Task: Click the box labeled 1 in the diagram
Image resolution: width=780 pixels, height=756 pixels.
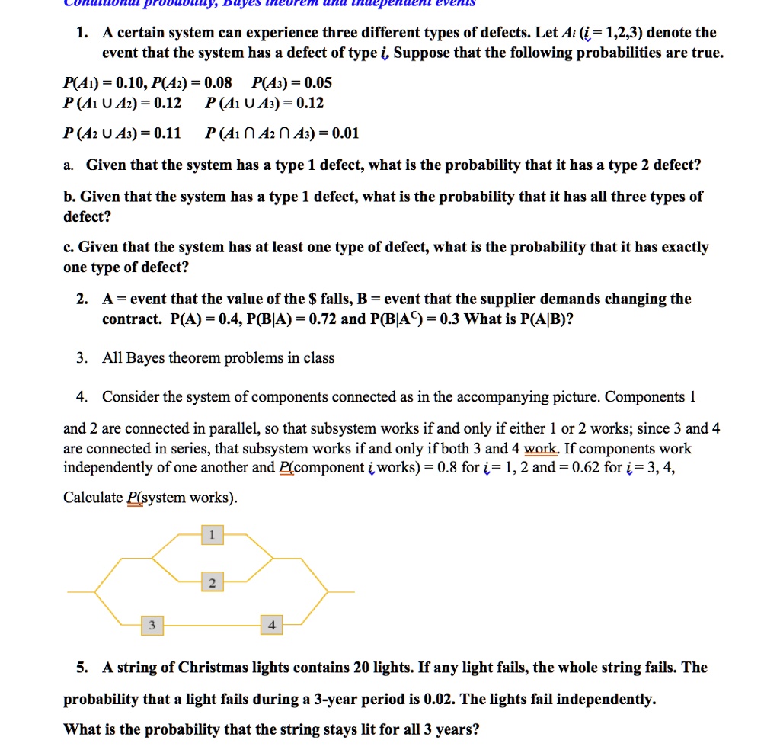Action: click(212, 535)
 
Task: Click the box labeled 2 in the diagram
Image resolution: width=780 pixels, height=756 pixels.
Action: click(212, 583)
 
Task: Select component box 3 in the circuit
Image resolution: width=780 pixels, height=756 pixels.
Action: click(152, 625)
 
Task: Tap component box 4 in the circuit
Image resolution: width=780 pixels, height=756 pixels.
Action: click(272, 625)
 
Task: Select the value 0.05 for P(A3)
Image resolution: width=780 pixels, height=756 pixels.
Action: click(315, 83)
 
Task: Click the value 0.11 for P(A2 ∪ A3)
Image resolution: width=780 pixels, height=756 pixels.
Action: click(167, 134)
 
